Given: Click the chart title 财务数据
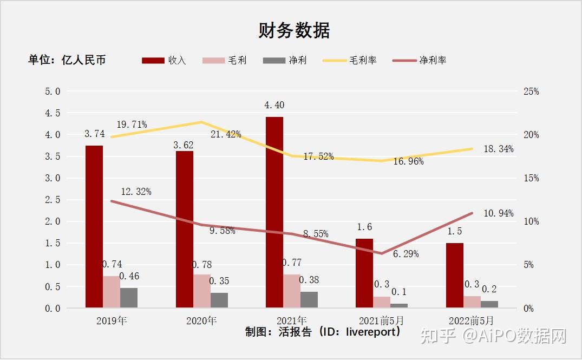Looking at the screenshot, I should tap(294, 31).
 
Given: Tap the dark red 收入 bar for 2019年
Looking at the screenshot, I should tap(94, 226).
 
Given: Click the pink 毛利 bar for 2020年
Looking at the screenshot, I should tap(201, 291).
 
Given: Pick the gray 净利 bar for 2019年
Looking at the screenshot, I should tap(129, 298).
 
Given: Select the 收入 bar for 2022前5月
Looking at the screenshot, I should tap(455, 276).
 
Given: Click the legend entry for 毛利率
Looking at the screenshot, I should tap(350, 60).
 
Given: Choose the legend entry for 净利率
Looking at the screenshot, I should tap(420, 60).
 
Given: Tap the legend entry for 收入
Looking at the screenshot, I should tap(164, 60).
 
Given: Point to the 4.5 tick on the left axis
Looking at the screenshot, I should tap(53, 113).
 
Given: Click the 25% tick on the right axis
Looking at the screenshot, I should tap(531, 91).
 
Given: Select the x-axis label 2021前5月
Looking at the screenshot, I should tap(381, 320).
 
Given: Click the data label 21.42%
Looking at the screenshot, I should tap(226, 134).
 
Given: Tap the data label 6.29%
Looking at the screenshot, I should tap(406, 253).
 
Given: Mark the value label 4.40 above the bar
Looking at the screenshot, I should tap(274, 105).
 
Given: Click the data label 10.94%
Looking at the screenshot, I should tap(498, 213).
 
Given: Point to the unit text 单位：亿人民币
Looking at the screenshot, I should tap(67, 60).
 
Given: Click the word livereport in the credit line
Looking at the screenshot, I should tap(370, 332).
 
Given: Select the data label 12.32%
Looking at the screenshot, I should tap(136, 192).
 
